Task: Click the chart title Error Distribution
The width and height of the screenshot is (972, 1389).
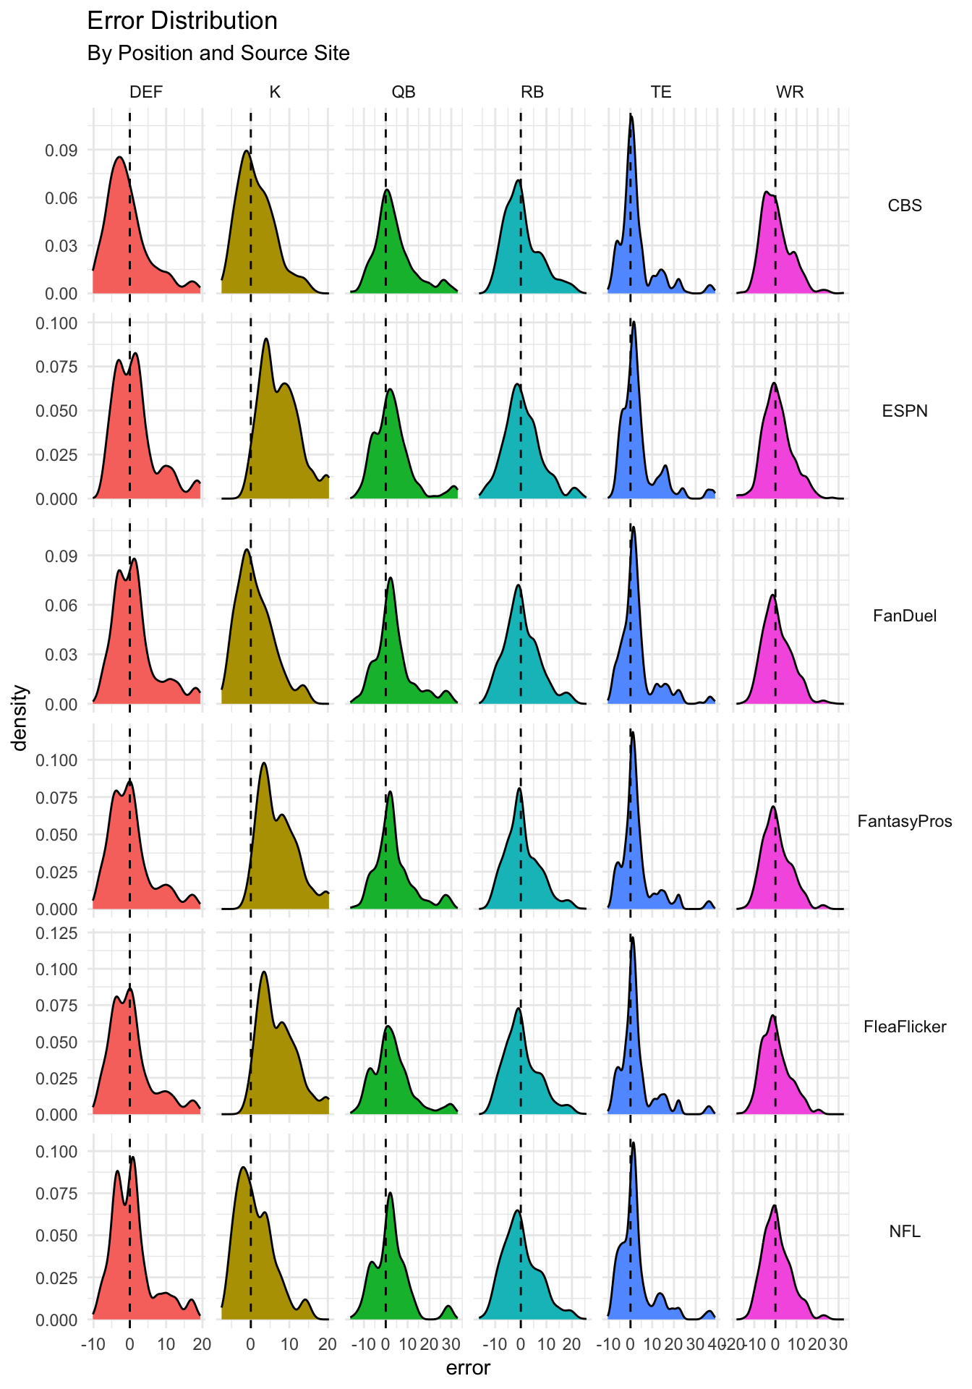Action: point(182,21)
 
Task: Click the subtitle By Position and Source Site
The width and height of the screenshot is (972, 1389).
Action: point(218,54)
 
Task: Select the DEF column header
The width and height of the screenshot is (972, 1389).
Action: point(146,92)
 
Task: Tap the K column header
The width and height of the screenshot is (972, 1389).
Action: point(275,92)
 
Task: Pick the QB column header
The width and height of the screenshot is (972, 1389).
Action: point(404,92)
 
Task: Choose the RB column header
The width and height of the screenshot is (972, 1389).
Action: point(532,92)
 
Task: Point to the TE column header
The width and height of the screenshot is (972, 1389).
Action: point(661,92)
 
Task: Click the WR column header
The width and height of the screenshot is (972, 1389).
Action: point(790,92)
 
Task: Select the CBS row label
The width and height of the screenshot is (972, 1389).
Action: point(905,205)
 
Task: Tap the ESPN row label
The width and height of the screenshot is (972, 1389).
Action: point(905,411)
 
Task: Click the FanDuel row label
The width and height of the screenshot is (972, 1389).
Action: point(905,616)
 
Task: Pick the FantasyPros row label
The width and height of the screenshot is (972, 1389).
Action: point(905,821)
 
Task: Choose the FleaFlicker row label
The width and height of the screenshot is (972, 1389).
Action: point(905,1027)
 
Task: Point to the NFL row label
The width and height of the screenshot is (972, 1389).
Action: point(905,1231)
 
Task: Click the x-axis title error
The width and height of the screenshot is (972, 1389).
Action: point(468,1368)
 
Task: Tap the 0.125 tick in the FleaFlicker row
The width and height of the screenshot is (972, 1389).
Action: point(57,933)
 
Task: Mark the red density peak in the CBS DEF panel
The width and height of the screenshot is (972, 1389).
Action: point(119,157)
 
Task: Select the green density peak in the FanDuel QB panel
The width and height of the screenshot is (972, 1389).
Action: point(391,578)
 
